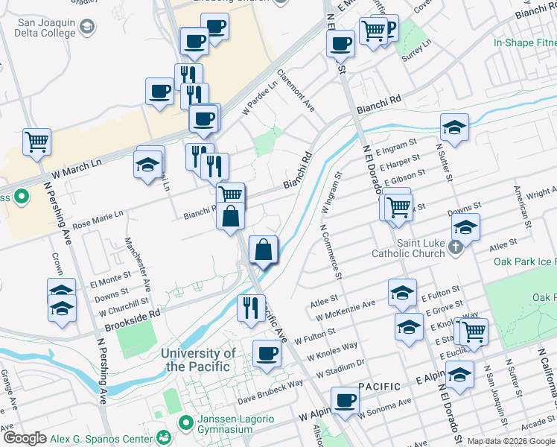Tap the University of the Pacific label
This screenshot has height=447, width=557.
click(x=199, y=360)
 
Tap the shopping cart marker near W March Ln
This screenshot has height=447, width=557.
click(x=36, y=140)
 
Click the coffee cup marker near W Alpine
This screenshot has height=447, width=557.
click(x=345, y=399)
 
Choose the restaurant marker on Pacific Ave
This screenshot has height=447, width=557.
click(x=250, y=305)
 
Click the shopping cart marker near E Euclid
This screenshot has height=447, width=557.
click(x=472, y=330)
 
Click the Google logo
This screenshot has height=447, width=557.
click(x=25, y=439)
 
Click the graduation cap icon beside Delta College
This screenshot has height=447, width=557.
click(x=87, y=28)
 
